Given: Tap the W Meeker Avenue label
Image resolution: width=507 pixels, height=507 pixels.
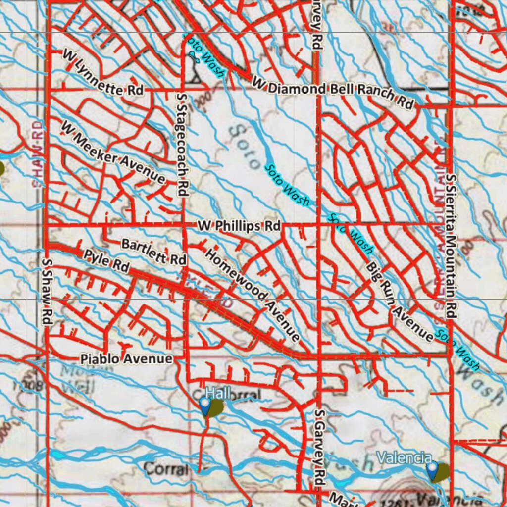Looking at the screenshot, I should click(x=113, y=152).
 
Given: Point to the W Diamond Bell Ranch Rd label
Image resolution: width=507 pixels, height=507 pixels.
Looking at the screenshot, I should click(x=333, y=93).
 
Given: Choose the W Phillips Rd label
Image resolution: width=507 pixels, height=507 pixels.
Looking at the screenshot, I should click(x=239, y=226).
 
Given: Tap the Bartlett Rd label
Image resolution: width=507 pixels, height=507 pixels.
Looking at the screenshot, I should click(x=153, y=251).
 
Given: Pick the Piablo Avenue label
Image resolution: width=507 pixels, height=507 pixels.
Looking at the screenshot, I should click(x=127, y=358).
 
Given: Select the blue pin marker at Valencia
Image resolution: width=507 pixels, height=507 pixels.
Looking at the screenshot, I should click(x=433, y=469).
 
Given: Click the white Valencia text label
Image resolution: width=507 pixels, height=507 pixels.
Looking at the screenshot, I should click(x=404, y=456).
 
